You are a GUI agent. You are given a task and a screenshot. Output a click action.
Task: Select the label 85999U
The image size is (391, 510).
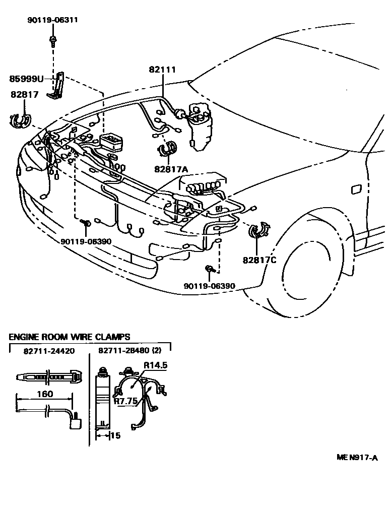[27, 79]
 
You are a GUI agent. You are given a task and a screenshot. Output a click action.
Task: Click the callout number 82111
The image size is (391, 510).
[162, 70]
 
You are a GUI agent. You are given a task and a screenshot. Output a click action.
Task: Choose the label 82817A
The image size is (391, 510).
[171, 170]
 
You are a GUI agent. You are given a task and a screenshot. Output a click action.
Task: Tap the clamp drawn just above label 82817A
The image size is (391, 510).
[167, 149]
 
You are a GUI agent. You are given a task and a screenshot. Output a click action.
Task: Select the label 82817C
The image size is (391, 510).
[259, 260]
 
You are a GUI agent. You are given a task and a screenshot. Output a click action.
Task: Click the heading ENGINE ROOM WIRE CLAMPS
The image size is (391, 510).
[70, 337]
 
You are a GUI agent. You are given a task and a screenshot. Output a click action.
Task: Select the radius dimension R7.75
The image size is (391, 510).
[125, 401]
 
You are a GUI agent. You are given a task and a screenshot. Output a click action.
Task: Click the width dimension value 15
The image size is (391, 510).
[115, 435]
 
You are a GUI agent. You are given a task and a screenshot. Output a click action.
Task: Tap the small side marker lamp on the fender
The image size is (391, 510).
[355, 189]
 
